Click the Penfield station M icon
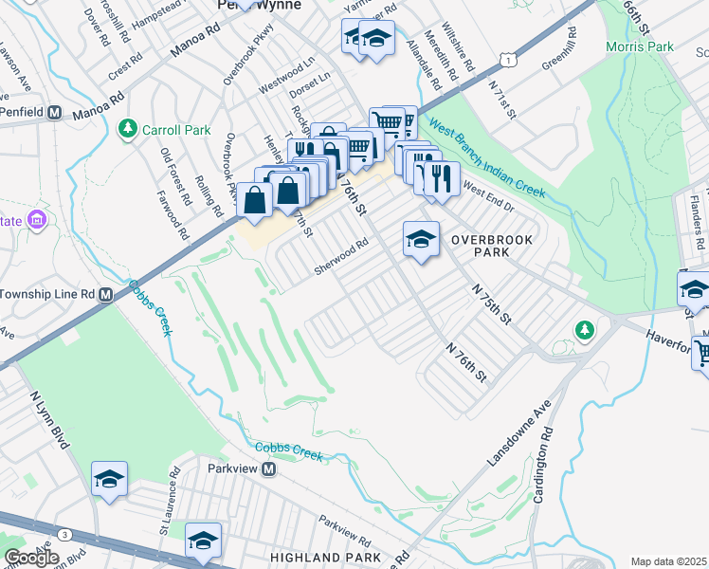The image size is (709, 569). coord(54,113)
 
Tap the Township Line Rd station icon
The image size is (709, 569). coord(105,295)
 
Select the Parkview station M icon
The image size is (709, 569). coord(269,469)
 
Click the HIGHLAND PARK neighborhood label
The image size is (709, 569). coord(324,558)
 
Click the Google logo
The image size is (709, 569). coord(31,558)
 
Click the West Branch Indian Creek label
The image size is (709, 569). coord(485,158)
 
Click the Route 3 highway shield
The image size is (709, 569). coord(62,536)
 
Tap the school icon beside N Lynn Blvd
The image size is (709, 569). coord(109,479)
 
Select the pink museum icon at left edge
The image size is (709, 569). coord(38,220)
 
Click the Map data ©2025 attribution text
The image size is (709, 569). coord(668,561)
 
